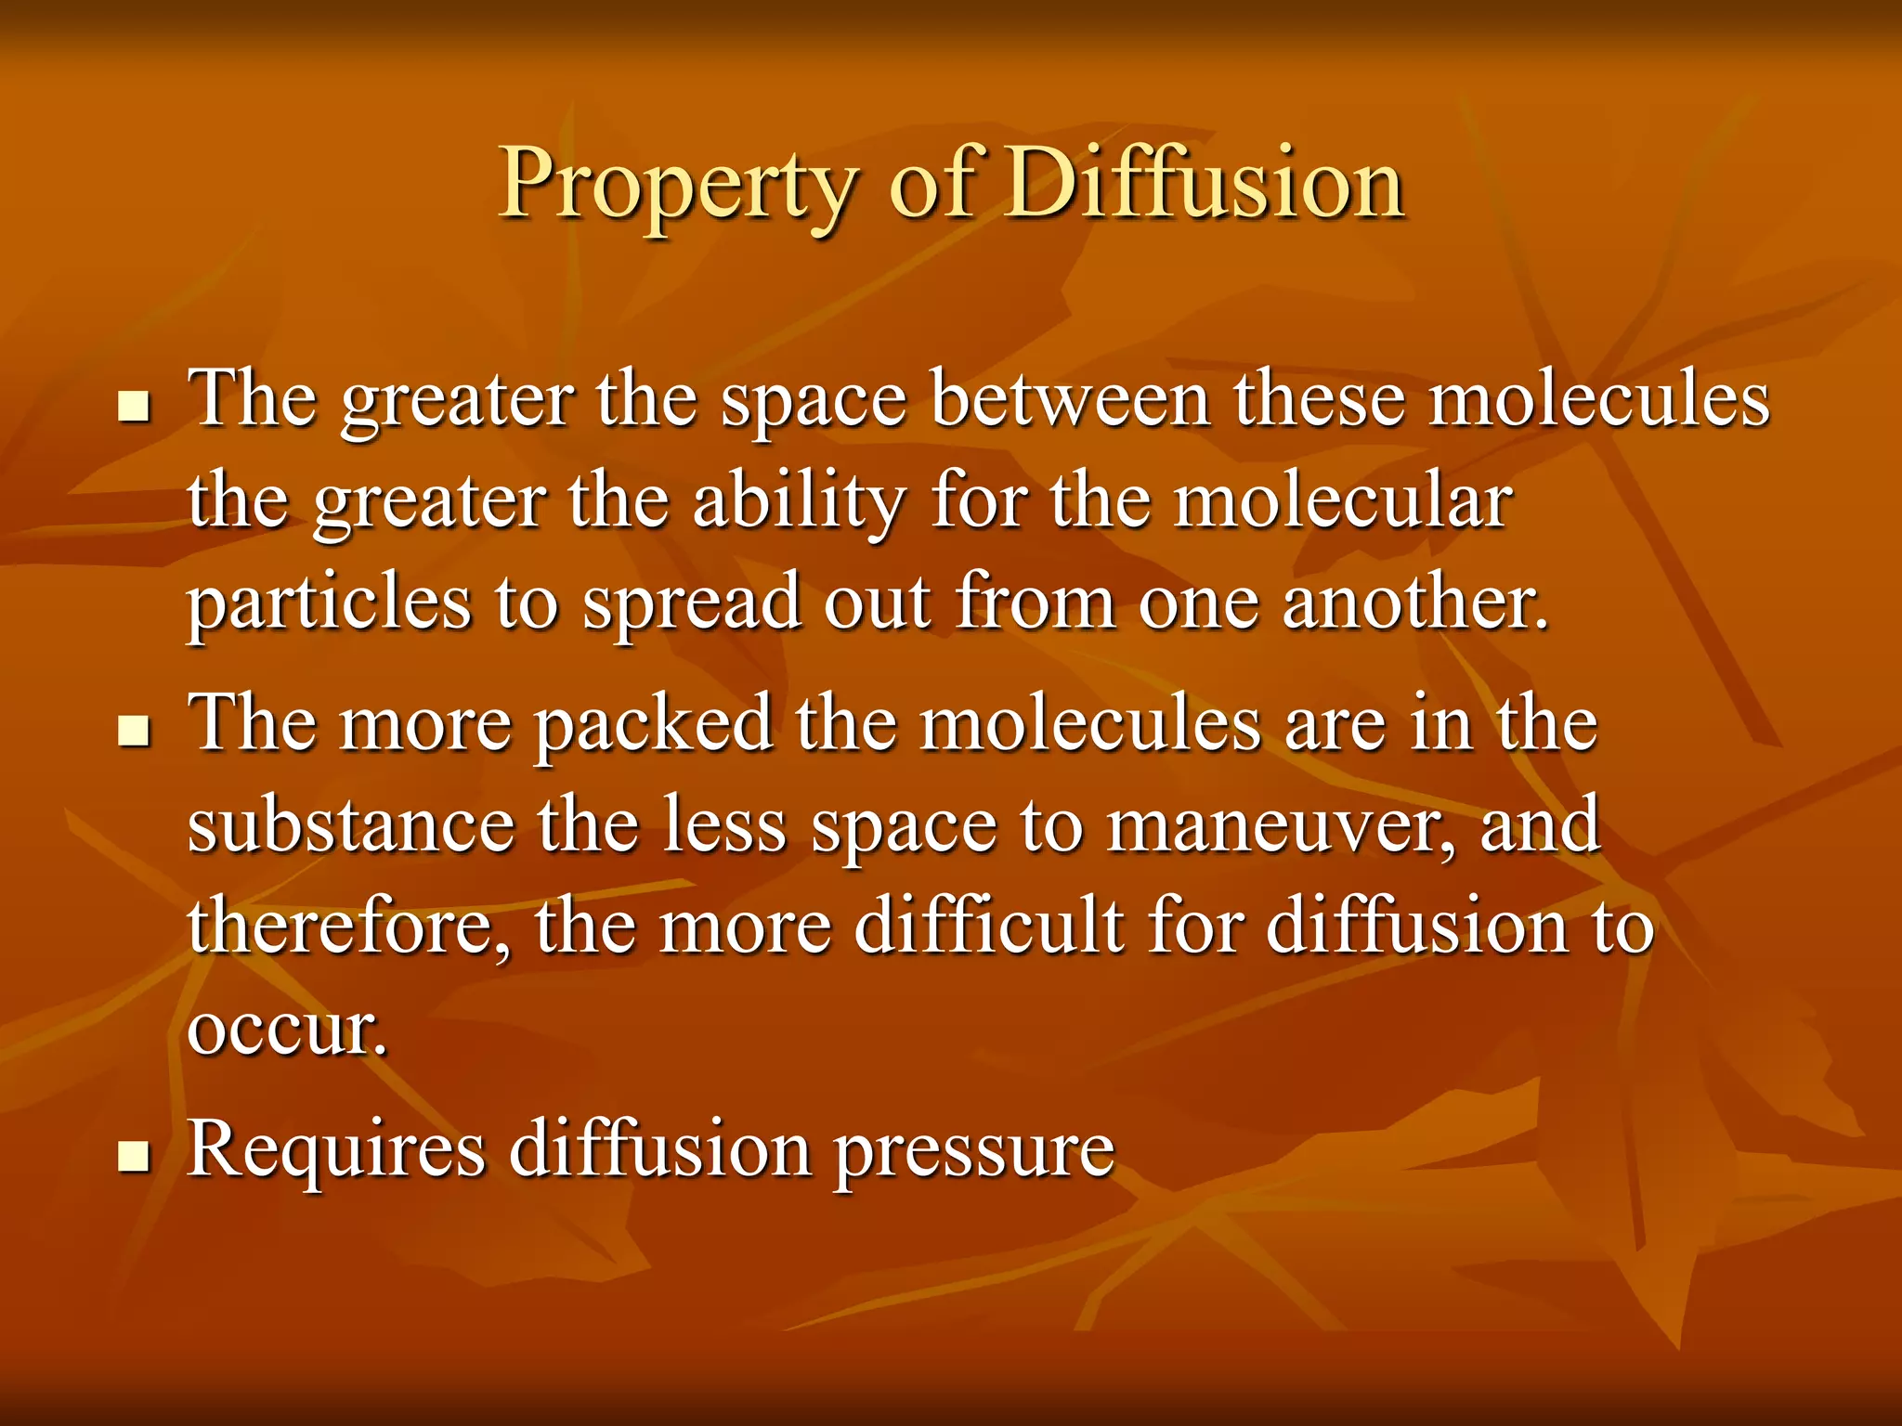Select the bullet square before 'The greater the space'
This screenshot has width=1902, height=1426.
click(x=135, y=406)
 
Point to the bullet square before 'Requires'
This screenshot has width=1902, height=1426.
click(x=135, y=1156)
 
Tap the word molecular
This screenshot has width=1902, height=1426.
click(x=1343, y=501)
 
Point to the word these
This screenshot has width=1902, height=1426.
click(x=1319, y=399)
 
